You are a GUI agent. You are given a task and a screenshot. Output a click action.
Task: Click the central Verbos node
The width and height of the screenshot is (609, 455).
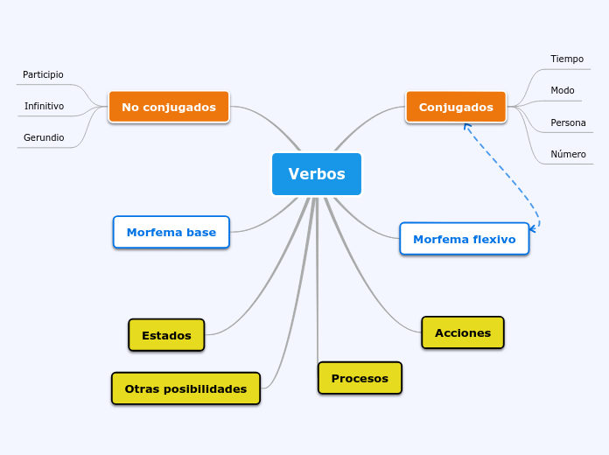click(x=317, y=174)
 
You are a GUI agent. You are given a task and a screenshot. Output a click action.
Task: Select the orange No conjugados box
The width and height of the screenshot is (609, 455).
click(x=169, y=107)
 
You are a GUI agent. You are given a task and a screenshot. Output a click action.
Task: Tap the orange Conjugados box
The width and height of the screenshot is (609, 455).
click(x=456, y=107)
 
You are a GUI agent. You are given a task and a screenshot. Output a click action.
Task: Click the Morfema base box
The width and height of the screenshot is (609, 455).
click(x=171, y=233)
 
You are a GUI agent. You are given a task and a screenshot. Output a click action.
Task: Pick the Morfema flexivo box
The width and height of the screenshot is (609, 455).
click(x=464, y=239)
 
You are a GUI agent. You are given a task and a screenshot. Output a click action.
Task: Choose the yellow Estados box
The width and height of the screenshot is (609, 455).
click(x=166, y=335)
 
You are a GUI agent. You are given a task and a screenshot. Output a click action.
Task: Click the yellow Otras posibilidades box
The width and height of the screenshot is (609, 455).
click(x=185, y=388)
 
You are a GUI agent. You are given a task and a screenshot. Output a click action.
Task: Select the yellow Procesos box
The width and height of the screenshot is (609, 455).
click(x=360, y=378)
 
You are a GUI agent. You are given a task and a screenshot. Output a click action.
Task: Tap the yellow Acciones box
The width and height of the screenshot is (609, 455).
click(x=463, y=332)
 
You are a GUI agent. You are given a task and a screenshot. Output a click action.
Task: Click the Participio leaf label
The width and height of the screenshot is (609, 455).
click(x=43, y=75)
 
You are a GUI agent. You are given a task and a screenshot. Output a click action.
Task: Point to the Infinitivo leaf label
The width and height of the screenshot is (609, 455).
click(x=44, y=106)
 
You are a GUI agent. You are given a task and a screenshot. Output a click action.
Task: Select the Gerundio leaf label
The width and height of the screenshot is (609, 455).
click(x=44, y=137)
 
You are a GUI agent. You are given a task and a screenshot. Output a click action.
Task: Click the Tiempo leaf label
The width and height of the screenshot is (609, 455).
click(x=567, y=59)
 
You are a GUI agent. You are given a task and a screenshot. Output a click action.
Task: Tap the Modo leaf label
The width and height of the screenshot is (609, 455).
click(x=563, y=90)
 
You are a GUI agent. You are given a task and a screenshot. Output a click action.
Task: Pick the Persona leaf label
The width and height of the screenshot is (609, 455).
click(x=568, y=122)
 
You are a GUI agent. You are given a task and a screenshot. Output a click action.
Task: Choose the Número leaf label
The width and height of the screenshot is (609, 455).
click(x=568, y=154)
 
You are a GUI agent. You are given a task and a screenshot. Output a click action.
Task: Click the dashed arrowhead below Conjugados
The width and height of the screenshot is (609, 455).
click(x=467, y=127)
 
